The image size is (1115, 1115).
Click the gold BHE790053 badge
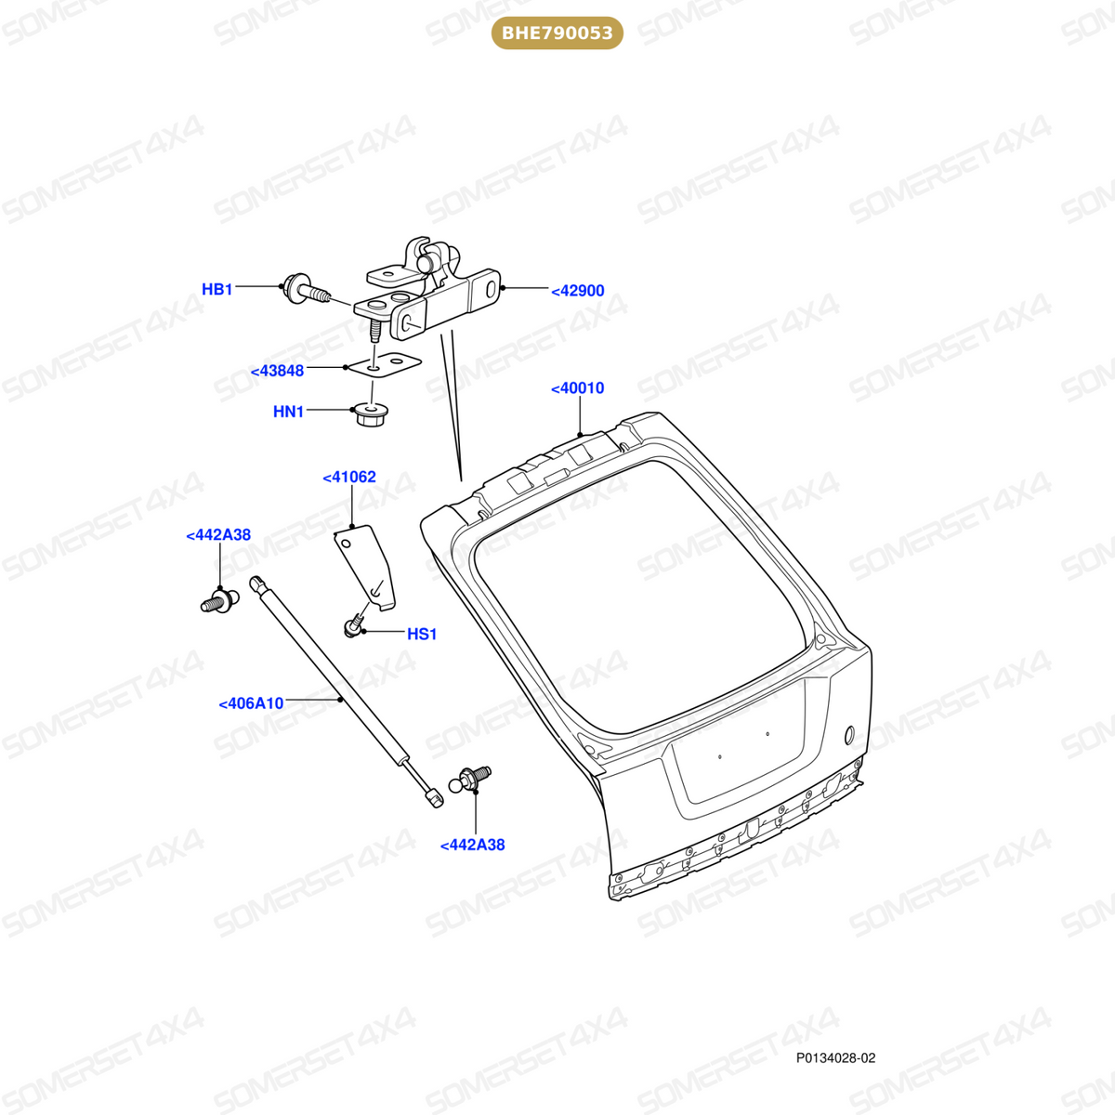coord(557,33)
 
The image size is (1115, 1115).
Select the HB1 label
coord(217,289)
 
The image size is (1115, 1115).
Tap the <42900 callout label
coord(577,291)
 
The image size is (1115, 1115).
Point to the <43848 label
coord(277,371)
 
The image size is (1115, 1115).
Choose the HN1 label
coord(288,412)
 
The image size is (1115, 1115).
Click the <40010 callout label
coord(577,387)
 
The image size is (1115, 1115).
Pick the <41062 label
coord(349,477)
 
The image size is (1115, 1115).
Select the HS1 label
coord(422,635)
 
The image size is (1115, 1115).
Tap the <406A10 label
coord(251,703)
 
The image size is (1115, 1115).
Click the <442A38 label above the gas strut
coord(218,535)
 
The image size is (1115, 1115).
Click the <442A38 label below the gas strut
coord(472,846)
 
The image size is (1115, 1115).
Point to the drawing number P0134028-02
coord(835,1058)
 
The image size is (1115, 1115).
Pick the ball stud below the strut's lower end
coord(470,779)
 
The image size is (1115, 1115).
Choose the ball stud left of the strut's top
coord(220,601)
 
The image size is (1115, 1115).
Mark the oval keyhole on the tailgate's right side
coord(849,735)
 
